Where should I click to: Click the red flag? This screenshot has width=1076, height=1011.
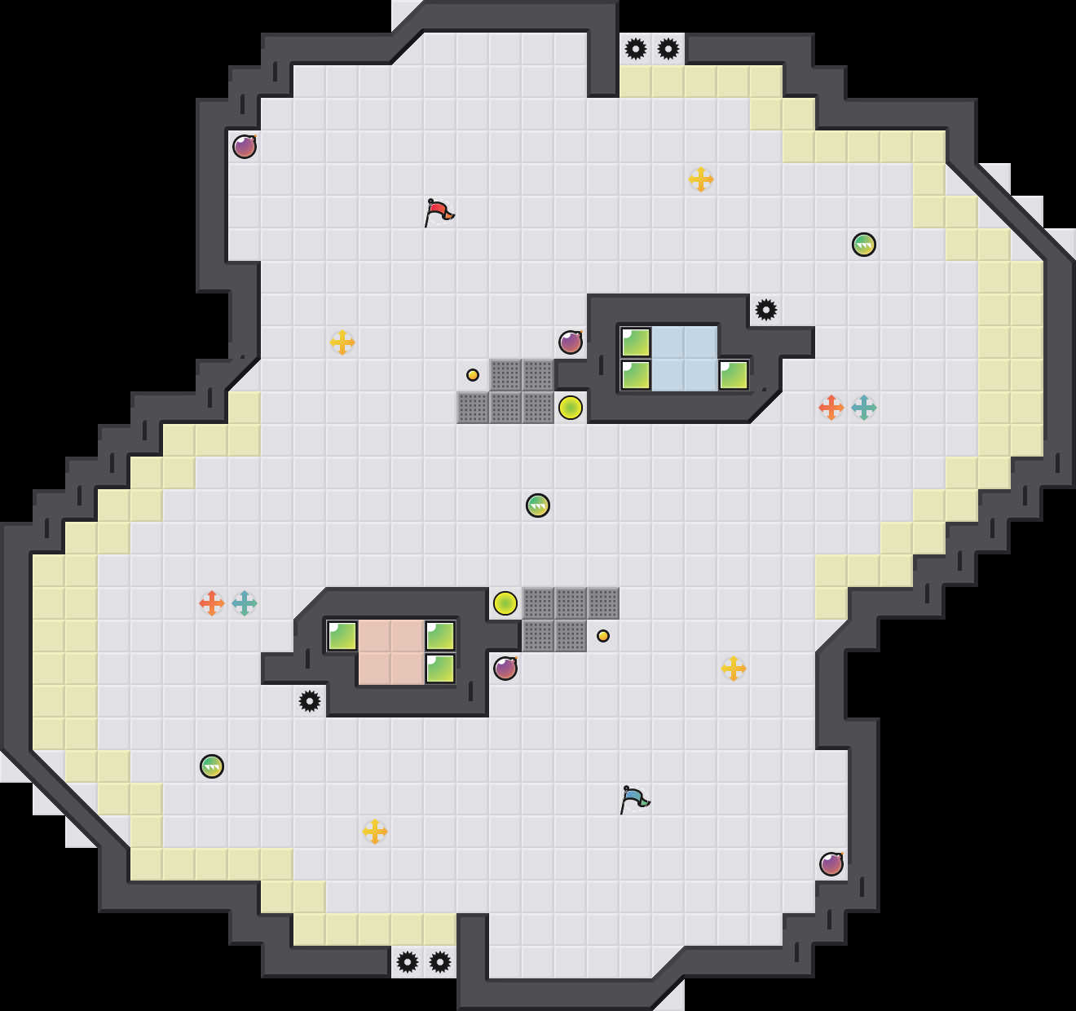point(439,212)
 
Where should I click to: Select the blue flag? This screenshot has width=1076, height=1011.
point(634,799)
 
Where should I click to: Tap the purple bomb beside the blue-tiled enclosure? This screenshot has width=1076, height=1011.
point(571,342)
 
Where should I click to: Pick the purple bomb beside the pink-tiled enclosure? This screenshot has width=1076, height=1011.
point(505,669)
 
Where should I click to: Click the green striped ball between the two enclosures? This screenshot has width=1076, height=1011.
point(538,505)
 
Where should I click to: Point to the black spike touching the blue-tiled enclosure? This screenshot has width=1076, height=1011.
point(766,310)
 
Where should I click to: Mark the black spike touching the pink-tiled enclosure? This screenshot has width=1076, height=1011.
point(310,701)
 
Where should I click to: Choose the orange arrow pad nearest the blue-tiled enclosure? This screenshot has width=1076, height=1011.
point(831,408)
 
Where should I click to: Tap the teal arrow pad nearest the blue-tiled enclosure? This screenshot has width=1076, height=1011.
point(864,408)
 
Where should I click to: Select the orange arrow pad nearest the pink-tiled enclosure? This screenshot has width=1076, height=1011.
point(212,603)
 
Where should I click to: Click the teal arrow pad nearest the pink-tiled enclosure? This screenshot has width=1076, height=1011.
point(245,603)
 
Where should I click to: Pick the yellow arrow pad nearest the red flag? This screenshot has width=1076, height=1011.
point(342,342)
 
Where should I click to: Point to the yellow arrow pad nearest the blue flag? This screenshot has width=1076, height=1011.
point(734,669)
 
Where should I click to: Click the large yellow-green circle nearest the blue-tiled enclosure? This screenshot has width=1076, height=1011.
point(571,408)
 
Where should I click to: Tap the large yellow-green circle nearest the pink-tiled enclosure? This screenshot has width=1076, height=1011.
point(505,603)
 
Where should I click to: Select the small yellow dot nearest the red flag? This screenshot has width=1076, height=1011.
point(473,375)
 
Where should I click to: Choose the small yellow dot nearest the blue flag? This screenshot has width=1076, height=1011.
point(603,636)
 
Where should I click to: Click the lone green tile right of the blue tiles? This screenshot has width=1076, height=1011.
point(734,375)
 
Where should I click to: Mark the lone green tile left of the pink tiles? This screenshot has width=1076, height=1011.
point(342,636)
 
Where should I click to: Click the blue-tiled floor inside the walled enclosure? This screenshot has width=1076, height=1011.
point(685,359)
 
